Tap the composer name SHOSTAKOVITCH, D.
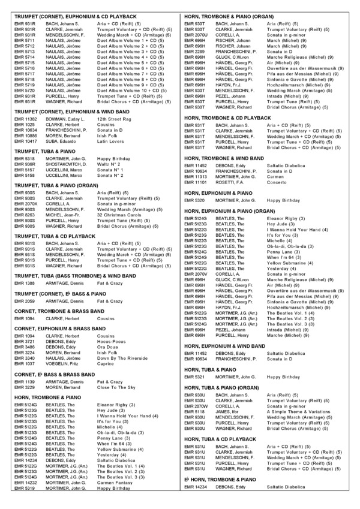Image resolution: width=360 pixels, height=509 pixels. (x=66, y=163)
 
